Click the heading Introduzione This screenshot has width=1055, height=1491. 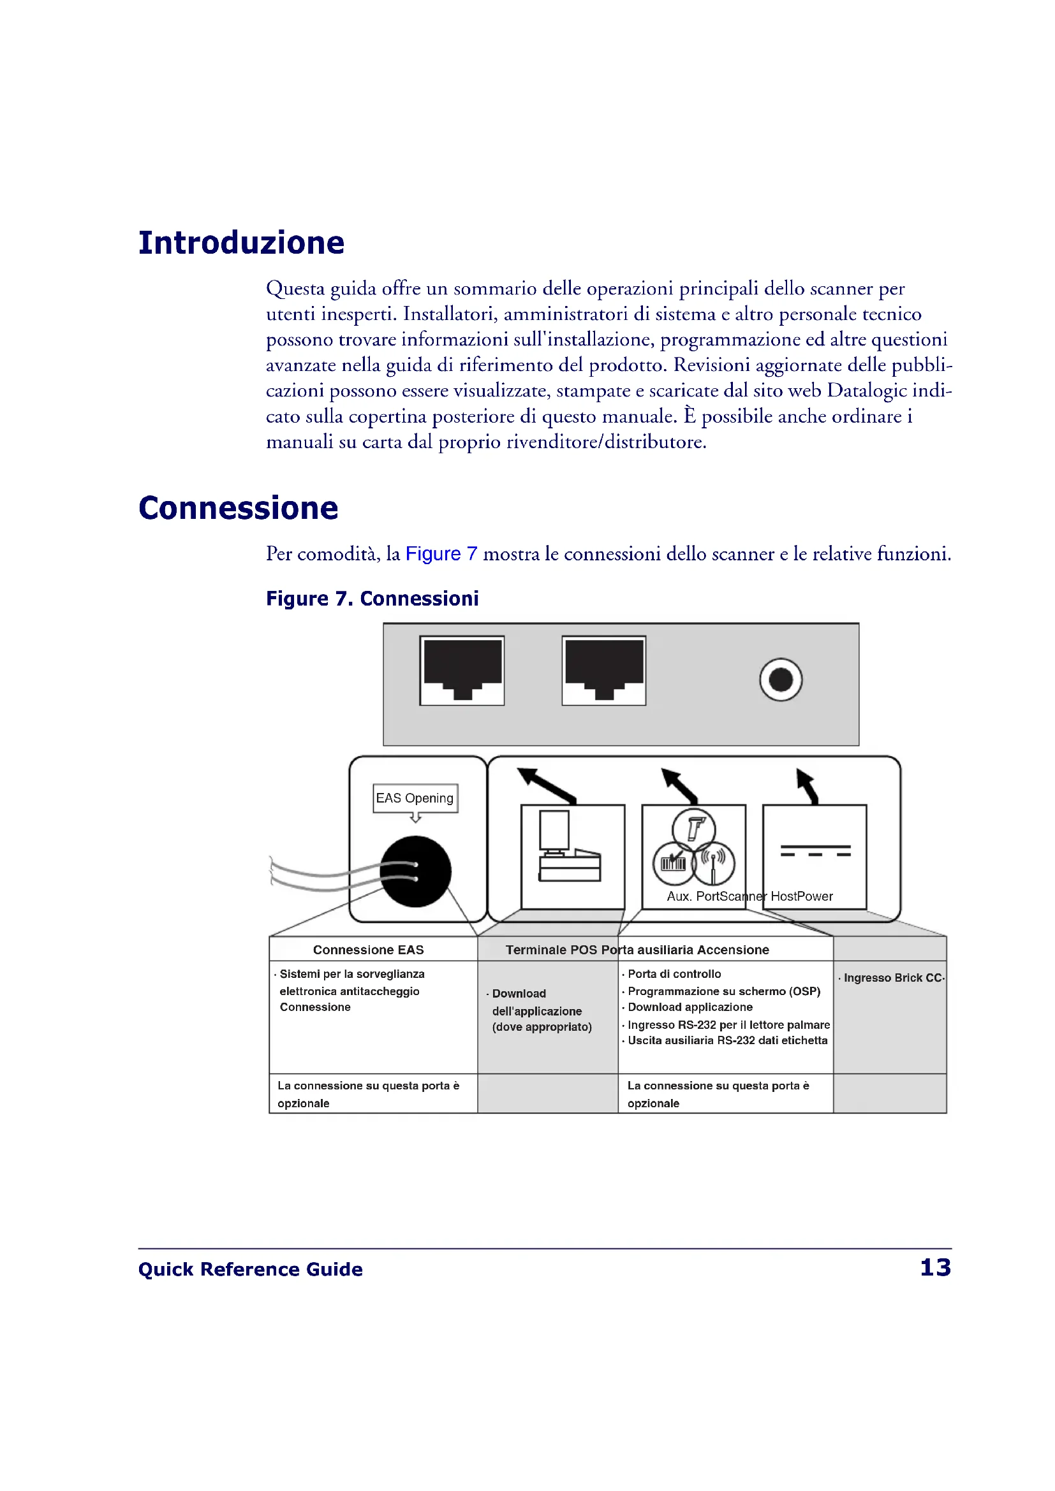click(x=241, y=244)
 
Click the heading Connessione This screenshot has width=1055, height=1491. click(x=238, y=509)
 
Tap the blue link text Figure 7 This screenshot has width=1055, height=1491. click(x=441, y=554)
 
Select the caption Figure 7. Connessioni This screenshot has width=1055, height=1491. click(x=373, y=599)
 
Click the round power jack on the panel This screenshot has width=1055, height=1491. click(x=780, y=680)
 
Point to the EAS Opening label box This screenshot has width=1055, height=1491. click(x=415, y=798)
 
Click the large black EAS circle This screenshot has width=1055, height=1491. click(x=416, y=871)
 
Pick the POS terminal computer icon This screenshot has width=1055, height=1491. click(x=569, y=847)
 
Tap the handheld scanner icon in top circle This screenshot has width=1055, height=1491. click(x=694, y=830)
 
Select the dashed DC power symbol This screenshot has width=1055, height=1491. click(x=815, y=851)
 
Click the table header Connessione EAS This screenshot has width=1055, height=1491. click(x=368, y=950)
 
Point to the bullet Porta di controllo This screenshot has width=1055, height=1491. click(x=674, y=974)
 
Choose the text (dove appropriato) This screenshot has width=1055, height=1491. click(x=542, y=1027)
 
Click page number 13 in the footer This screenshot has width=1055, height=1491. click(x=936, y=1268)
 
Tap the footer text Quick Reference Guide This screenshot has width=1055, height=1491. click(x=250, y=1270)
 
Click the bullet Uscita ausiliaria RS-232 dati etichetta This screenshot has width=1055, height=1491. click(x=727, y=1040)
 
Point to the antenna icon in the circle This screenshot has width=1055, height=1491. click(x=714, y=864)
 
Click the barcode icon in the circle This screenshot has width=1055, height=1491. click(x=673, y=864)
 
